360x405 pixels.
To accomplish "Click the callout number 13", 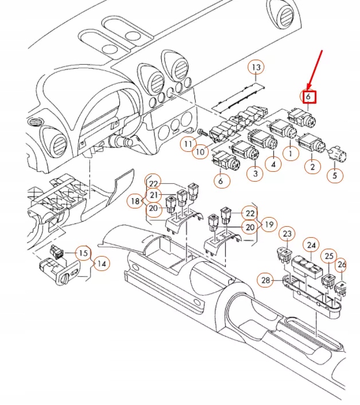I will tap(256, 68).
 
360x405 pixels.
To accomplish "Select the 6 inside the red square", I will tap(308, 97).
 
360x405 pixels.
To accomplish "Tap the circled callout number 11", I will tap(187, 144).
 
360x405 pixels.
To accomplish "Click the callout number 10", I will tap(199, 152).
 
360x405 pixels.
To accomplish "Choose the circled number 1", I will tap(291, 153).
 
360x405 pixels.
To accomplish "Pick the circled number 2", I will tap(312, 167).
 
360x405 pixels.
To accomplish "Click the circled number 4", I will tap(273, 164).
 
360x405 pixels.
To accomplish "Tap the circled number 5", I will tap(335, 175).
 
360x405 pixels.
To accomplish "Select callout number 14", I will tap(101, 264).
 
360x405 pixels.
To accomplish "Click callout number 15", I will tap(84, 253).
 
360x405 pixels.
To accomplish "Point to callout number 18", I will tap(135, 201).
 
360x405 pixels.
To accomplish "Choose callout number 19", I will tap(268, 223).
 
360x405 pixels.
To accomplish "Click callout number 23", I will tap(287, 234).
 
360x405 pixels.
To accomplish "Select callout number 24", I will tap(311, 245).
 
